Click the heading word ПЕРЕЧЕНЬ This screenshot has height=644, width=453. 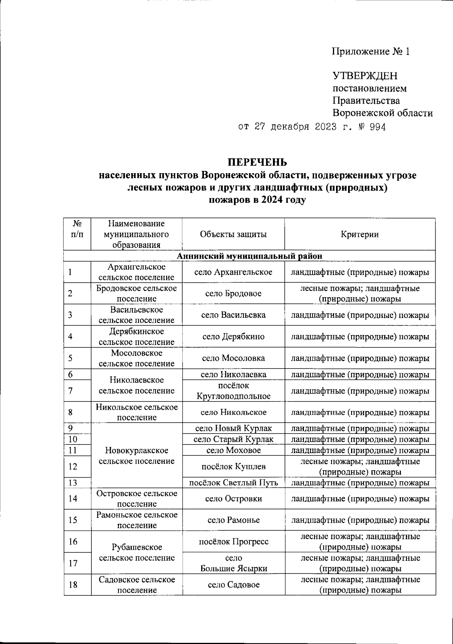tap(257, 163)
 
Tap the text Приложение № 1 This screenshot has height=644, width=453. tap(370, 51)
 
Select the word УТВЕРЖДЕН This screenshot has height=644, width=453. tap(365, 76)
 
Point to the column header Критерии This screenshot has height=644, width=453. tap(359, 234)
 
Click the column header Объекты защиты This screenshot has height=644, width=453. tap(233, 234)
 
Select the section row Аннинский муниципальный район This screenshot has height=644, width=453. tap(250, 256)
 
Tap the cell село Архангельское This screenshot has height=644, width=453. tap(233, 272)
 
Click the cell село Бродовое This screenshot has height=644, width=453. tap(233, 294)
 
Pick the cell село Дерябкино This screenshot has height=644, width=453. tap(233, 337)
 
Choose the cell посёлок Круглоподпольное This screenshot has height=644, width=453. tap(233, 391)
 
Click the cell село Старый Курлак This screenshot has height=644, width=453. tap(233, 439)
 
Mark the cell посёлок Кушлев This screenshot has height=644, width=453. tap(233, 466)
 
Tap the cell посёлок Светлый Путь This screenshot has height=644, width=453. tap(233, 483)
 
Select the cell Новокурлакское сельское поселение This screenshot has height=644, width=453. tap(137, 455)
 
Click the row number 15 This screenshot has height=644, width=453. tap(73, 520)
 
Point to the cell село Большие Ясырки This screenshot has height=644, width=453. tap(233, 563)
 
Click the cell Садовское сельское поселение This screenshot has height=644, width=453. tap(137, 585)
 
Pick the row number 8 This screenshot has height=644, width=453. tap(71, 412)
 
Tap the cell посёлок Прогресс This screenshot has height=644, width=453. tap(233, 542)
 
